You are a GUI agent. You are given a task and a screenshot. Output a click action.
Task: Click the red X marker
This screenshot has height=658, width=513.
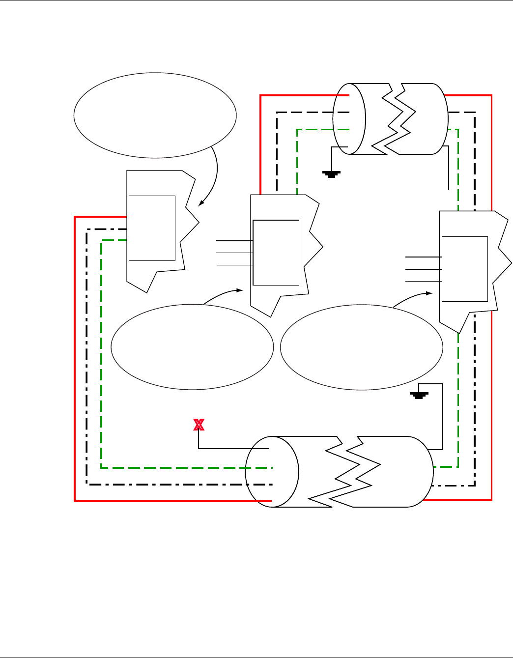199,425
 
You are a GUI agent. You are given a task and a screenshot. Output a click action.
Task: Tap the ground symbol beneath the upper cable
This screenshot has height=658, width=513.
331,173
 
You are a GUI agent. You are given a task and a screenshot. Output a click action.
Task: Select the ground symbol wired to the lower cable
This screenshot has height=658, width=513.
419,395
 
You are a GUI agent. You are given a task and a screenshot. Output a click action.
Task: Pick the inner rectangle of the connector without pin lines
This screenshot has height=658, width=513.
152,228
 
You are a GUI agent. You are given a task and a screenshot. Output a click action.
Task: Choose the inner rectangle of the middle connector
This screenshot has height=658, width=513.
276,253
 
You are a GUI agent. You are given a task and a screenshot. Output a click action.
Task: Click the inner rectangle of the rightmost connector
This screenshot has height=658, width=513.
465,269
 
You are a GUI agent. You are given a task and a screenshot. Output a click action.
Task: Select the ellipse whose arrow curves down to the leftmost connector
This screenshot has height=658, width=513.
155,115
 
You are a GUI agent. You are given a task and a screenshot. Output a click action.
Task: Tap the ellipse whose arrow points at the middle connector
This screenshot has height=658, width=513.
192,347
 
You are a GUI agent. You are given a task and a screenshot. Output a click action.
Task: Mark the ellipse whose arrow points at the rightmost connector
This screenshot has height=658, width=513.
361,347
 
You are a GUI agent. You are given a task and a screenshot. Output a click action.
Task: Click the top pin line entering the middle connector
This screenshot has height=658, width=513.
234,241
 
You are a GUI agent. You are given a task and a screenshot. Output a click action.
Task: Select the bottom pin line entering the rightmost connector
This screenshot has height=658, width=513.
424,281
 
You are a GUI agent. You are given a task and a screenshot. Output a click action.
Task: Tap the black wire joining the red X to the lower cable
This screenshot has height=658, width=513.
231,449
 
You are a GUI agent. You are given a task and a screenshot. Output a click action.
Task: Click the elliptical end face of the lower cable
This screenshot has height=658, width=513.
272,472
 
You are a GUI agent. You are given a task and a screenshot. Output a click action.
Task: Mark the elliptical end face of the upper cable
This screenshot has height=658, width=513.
349,119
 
